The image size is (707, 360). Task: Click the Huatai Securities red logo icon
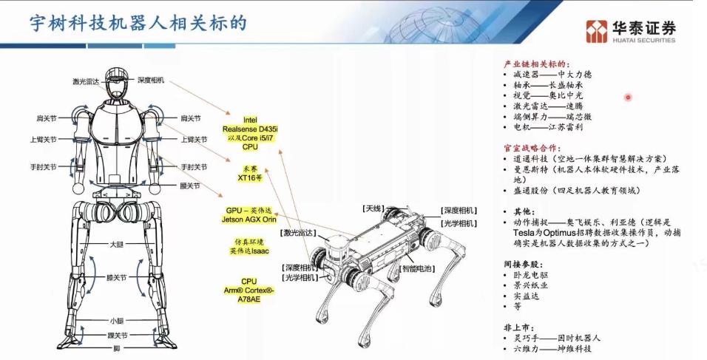596,31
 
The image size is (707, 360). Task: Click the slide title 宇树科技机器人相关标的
137,22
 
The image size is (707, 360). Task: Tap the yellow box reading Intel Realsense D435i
250,133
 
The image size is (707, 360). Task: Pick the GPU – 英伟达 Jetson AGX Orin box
249,214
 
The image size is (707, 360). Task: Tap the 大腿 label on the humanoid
117,243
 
